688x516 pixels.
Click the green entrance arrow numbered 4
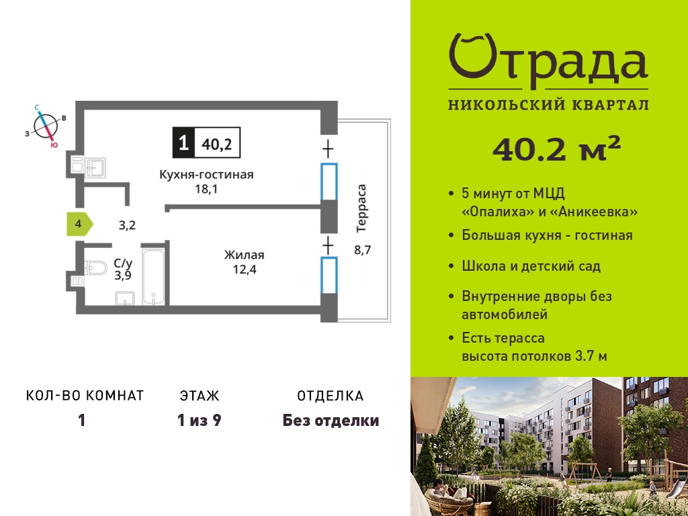79,224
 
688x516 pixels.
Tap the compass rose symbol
46,126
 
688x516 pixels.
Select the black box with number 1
183,142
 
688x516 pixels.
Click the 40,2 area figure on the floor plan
217,144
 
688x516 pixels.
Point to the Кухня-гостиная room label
206,175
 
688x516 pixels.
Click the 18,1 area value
206,189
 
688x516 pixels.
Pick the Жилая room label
245,255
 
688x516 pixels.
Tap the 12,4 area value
245,269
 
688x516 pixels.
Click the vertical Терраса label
361,208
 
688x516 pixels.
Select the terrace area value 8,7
363,251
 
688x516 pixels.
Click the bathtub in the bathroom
153,276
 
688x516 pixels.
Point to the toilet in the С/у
95,267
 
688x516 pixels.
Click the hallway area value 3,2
127,226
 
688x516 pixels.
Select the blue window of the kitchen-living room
329,181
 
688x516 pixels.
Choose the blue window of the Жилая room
329,275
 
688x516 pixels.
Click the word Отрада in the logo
548,61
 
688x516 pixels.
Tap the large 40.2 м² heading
556,148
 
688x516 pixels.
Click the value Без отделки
331,421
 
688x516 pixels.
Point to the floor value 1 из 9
199,421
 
